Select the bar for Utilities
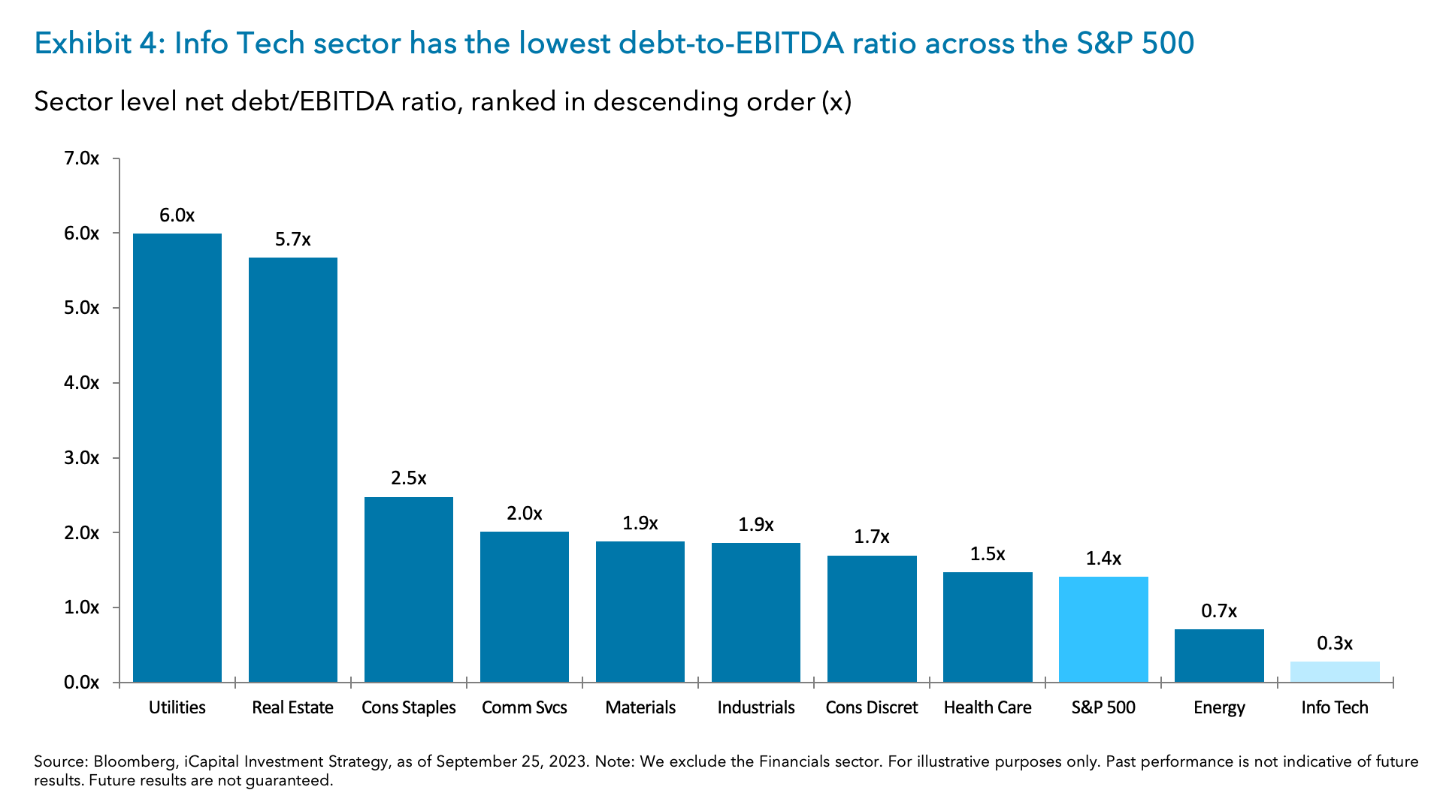pos(177,458)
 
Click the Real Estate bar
pos(293,470)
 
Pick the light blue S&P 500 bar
pos(1103,629)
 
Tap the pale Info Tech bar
pos(1335,672)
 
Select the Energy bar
pos(1219,656)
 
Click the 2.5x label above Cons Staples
pos(409,478)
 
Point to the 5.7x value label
pos(293,240)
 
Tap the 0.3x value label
pos(1335,644)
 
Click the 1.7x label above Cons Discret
pos(872,537)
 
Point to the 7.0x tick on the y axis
pos(82,158)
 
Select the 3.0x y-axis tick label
pos(82,458)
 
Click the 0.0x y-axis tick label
pos(82,683)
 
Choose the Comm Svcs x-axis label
pos(525,707)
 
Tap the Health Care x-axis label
pos(988,707)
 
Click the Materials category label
pos(640,707)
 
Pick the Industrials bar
pos(756,612)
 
